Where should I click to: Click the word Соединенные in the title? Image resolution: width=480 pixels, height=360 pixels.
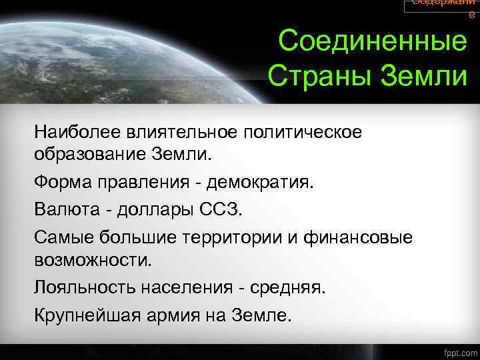pos(373,43)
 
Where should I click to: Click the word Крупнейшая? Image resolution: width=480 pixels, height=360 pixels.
pos(84,314)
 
